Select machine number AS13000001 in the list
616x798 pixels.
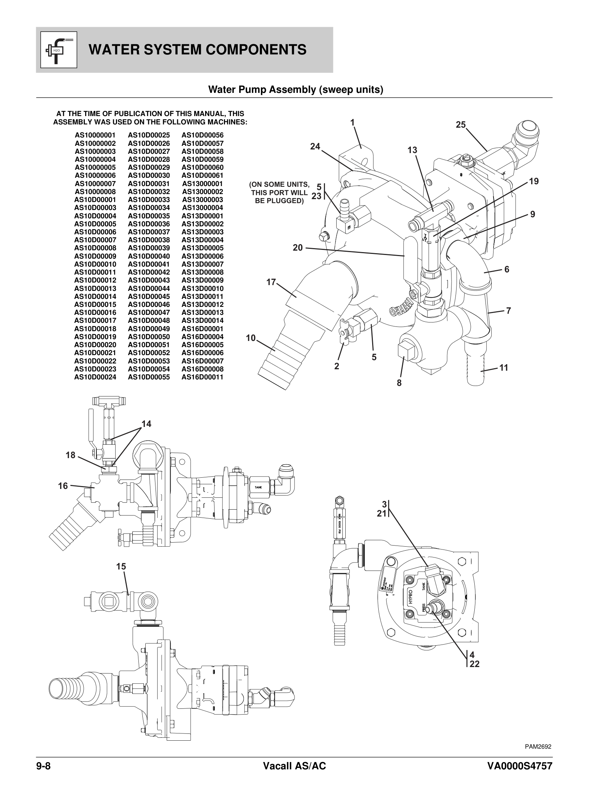pyautogui.click(x=202, y=184)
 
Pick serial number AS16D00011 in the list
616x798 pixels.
pyautogui.click(x=202, y=377)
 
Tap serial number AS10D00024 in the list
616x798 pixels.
pyautogui.click(x=95, y=377)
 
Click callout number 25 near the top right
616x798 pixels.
pyautogui.click(x=461, y=125)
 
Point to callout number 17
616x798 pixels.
pyautogui.click(x=271, y=282)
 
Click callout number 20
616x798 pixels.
pyautogui.click(x=297, y=248)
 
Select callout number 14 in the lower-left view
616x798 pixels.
pyautogui.click(x=146, y=424)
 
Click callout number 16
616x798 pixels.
pyautogui.click(x=63, y=486)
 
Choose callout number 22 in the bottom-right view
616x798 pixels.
pyautogui.click(x=474, y=664)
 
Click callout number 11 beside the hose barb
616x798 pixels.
pyautogui.click(x=504, y=367)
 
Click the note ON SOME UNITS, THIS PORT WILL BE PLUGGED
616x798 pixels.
pyautogui.click(x=279, y=193)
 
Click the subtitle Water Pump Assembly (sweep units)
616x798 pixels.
pyautogui.click(x=295, y=90)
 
